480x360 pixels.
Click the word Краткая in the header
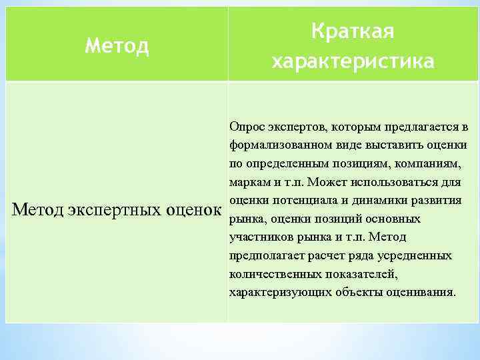[x=353, y=31]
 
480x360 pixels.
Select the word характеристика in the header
[x=353, y=61]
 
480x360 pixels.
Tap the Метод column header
[x=117, y=46]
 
